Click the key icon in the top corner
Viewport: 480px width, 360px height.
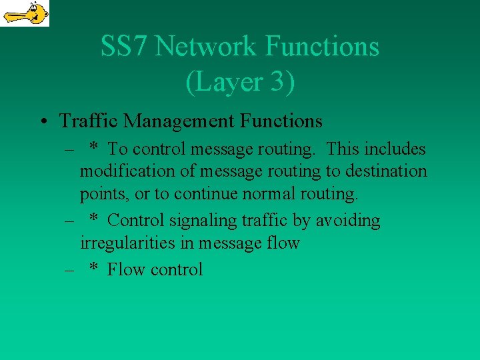coord(25,13)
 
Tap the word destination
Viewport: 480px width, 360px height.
coord(386,171)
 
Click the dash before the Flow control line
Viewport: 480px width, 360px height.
coord(69,269)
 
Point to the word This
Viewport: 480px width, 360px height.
coord(345,149)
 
